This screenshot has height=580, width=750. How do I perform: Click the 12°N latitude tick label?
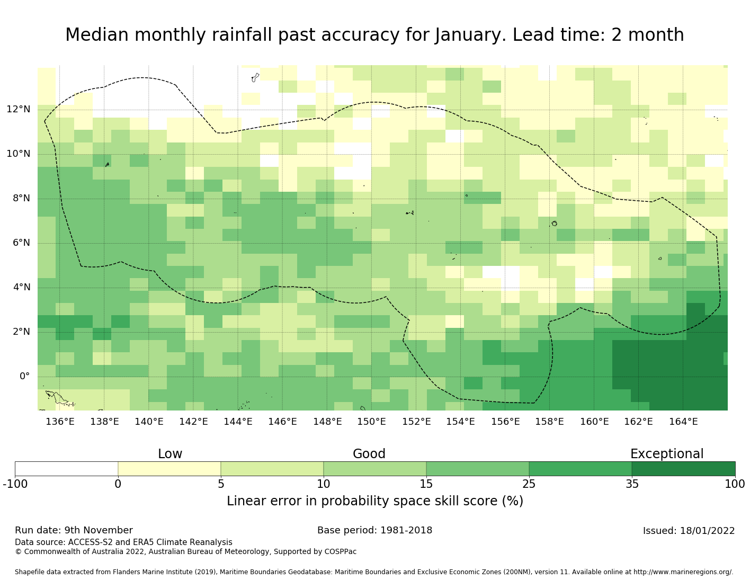[18, 110]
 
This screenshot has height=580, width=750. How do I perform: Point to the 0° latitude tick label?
[24, 377]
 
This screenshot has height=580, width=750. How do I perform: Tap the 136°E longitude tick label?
[60, 422]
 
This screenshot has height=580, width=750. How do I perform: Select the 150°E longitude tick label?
[371, 422]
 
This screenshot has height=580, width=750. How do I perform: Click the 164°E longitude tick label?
[683, 422]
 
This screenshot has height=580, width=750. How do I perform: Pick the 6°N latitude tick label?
[21, 243]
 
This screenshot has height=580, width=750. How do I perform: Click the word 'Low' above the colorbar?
[170, 454]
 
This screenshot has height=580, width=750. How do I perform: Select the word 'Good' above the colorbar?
[369, 454]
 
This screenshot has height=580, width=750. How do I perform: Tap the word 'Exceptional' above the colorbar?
[667, 454]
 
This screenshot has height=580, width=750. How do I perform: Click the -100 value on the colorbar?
[15, 484]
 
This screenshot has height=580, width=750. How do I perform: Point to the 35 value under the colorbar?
[632, 484]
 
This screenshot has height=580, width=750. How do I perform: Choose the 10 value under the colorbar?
[324, 484]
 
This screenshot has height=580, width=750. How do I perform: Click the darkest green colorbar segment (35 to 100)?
[683, 469]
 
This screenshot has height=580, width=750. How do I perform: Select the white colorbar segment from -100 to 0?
[66, 469]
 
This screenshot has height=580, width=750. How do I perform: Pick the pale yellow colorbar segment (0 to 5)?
[169, 469]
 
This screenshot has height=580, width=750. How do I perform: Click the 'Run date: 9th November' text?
[74, 530]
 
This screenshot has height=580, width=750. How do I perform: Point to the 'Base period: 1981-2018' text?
[374, 530]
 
